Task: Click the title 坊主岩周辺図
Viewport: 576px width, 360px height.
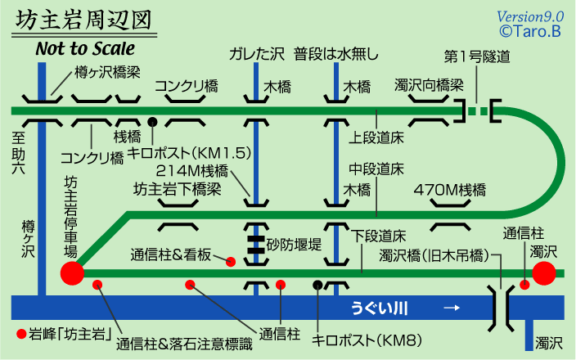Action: [x=83, y=20]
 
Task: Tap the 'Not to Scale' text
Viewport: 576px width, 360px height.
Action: [x=85, y=49]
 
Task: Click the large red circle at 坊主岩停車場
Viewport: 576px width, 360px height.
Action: [x=72, y=273]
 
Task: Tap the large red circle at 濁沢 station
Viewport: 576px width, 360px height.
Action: [x=544, y=273]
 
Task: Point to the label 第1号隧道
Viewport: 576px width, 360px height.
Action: [x=477, y=56]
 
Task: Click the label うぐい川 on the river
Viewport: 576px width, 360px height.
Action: [x=380, y=308]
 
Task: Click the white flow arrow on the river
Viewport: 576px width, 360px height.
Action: [x=450, y=308]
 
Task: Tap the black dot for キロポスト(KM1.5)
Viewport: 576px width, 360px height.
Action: [x=152, y=123]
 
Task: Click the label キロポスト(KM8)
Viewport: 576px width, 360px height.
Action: [x=355, y=339]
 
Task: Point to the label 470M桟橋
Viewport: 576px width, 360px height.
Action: [x=450, y=190]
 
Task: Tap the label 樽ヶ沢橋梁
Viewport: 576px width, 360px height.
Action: [x=110, y=71]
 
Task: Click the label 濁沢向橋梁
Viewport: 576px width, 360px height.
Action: [x=429, y=84]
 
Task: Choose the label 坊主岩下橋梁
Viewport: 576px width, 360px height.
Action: [x=178, y=189]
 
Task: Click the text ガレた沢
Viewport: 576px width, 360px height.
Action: [x=257, y=56]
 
